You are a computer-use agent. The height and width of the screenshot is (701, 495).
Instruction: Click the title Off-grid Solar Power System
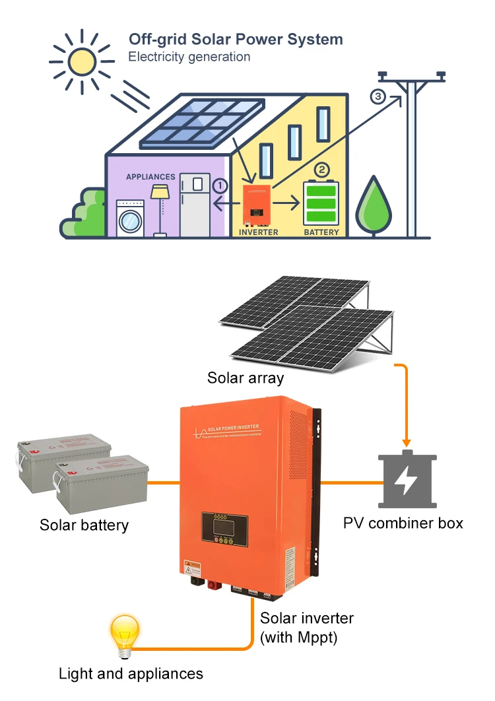[x=236, y=39]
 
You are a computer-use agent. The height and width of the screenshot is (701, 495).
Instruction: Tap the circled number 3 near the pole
[x=378, y=97]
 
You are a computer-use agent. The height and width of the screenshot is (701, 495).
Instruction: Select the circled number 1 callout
[x=220, y=186]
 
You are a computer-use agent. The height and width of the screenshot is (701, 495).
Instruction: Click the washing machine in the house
[x=131, y=217]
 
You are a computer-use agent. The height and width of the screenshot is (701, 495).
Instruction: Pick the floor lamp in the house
[x=159, y=208]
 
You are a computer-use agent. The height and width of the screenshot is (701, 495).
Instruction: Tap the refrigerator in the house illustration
[x=195, y=205]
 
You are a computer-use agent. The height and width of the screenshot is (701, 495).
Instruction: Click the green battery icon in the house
[x=321, y=203]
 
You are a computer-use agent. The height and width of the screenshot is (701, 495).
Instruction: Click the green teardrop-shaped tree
[x=374, y=206]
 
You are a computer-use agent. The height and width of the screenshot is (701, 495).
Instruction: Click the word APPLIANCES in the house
[x=150, y=177]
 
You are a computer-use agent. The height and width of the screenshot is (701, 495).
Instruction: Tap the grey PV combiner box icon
[x=407, y=481]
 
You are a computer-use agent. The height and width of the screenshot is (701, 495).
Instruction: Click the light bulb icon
[x=124, y=636]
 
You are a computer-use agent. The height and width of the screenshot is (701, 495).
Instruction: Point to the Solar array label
[x=246, y=378]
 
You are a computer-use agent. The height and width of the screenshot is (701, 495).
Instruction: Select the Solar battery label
[x=84, y=525]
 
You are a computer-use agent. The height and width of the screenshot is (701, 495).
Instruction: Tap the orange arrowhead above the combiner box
[x=407, y=442]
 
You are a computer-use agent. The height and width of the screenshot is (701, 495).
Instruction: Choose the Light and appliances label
[x=131, y=674]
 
